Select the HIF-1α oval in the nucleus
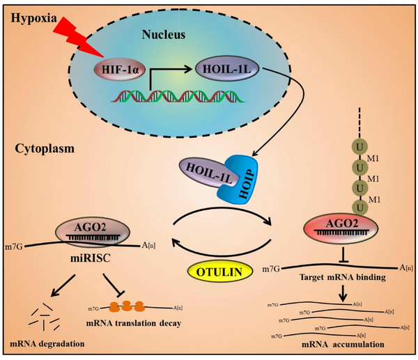[121, 69]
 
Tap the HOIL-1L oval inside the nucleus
[227, 68]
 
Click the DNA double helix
[178, 96]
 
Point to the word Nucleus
[164, 35]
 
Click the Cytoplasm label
[45, 148]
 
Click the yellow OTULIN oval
[219, 272]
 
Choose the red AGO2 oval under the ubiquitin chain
[341, 228]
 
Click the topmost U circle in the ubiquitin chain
[359, 147]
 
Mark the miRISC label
[90, 258]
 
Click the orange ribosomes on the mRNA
[127, 306]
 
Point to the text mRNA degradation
[47, 343]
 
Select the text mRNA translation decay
[134, 323]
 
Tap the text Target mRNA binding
[343, 277]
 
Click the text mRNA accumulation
[343, 344]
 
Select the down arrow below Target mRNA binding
[343, 293]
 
